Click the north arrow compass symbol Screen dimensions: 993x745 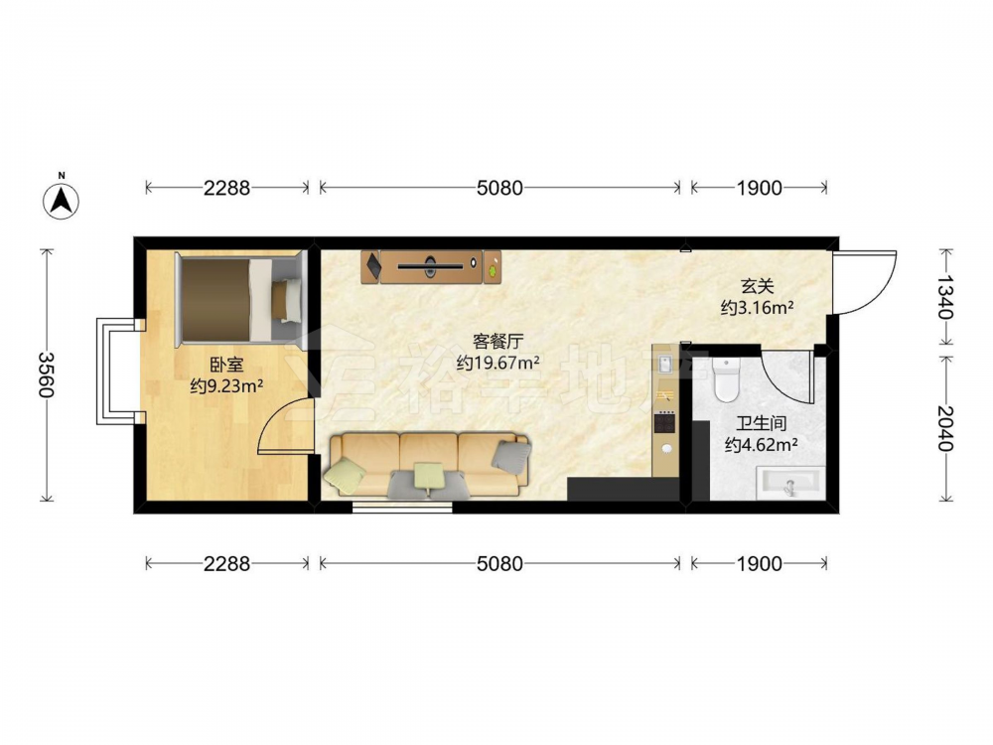(61, 201)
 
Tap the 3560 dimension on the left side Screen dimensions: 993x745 (47, 374)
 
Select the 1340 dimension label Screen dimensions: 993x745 (945, 297)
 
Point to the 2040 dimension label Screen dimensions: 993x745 (945, 428)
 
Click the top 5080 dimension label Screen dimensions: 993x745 (499, 188)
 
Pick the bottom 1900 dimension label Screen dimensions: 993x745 (759, 564)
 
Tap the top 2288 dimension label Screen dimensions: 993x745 (226, 188)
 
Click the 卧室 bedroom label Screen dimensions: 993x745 (226, 365)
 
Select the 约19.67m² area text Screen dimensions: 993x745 (498, 363)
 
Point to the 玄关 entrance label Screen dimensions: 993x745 (758, 287)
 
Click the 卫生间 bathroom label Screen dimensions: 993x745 (761, 423)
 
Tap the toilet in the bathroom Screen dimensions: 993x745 (726, 379)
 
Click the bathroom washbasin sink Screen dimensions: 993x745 (791, 483)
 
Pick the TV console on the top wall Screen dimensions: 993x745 (431, 266)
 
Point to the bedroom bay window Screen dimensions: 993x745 (117, 372)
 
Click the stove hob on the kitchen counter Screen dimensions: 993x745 (665, 422)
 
